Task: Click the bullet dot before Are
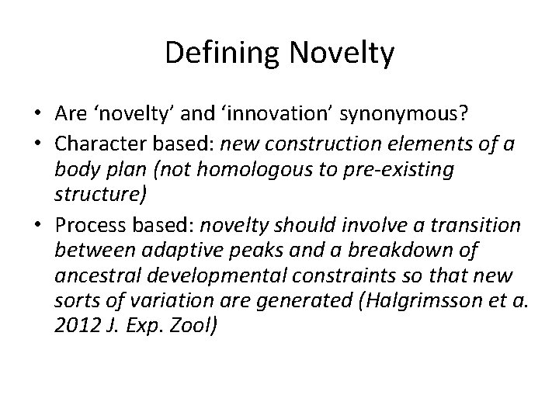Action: [x=38, y=116]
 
